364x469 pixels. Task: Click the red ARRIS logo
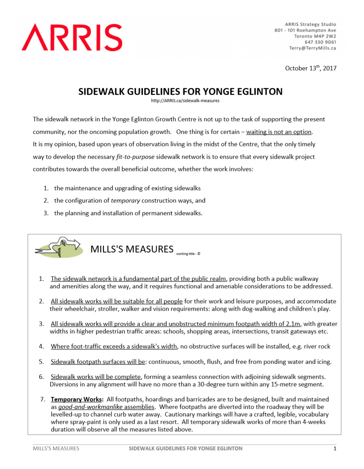coord(72,38)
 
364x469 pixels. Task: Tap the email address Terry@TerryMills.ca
coord(312,48)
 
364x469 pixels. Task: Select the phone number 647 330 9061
coord(320,42)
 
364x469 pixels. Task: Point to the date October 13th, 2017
coord(311,68)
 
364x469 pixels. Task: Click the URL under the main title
coord(185,101)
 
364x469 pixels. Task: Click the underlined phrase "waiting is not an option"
coord(279,132)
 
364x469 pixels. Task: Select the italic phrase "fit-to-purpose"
coord(135,157)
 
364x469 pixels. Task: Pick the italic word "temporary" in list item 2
coord(125,201)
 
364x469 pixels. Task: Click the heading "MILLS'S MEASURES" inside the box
coord(132,249)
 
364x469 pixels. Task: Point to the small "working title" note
coord(188,254)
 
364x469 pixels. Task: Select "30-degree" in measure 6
coord(211,384)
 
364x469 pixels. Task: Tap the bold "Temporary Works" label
coord(76,399)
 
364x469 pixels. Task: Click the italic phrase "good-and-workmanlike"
coord(90,407)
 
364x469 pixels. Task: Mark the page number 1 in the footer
coord(335,448)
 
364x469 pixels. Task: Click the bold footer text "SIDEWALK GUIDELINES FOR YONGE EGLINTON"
coord(185,448)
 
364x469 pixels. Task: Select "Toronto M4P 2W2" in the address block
coord(315,36)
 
